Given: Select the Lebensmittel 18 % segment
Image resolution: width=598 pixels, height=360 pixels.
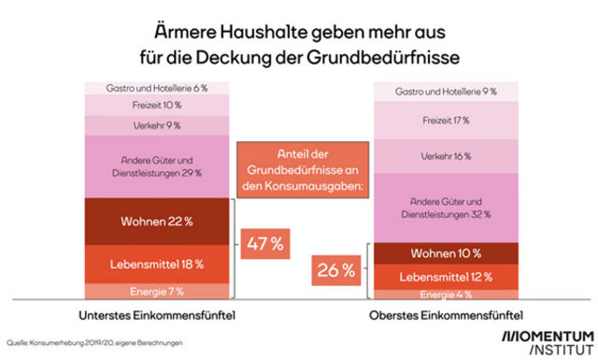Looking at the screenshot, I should coord(157,263).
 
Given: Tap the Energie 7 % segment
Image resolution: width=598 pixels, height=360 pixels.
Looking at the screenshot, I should coord(157,291).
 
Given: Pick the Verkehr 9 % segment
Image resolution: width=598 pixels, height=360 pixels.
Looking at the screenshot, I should coord(157,124).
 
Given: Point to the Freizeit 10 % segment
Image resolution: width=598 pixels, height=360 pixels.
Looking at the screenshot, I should coord(157,105).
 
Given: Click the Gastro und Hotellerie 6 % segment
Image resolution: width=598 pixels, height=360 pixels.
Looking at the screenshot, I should coord(157,87).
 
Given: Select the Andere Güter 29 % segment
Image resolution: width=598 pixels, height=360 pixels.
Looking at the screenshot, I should coord(157,166).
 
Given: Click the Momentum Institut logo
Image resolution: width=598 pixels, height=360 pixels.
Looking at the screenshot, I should coord(547,342).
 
